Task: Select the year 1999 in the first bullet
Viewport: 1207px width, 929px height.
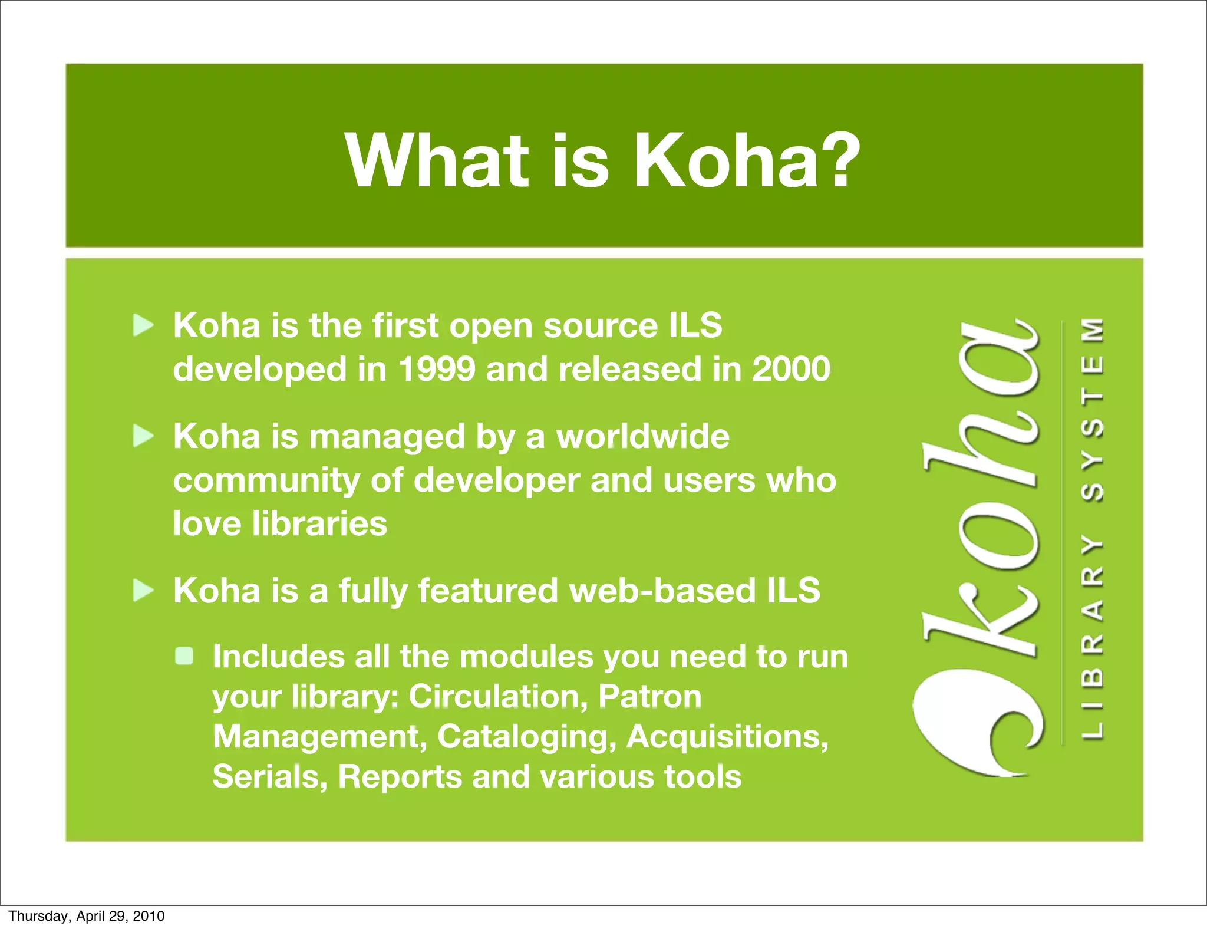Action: (436, 370)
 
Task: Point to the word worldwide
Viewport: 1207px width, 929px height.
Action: (643, 437)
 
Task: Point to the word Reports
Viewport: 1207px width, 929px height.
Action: (400, 776)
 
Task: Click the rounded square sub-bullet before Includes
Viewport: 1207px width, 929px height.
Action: (184, 656)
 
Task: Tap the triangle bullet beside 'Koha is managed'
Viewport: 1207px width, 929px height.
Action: (143, 437)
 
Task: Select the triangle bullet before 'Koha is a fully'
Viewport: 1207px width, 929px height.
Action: (143, 590)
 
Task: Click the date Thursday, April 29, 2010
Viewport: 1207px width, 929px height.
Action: (87, 916)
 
